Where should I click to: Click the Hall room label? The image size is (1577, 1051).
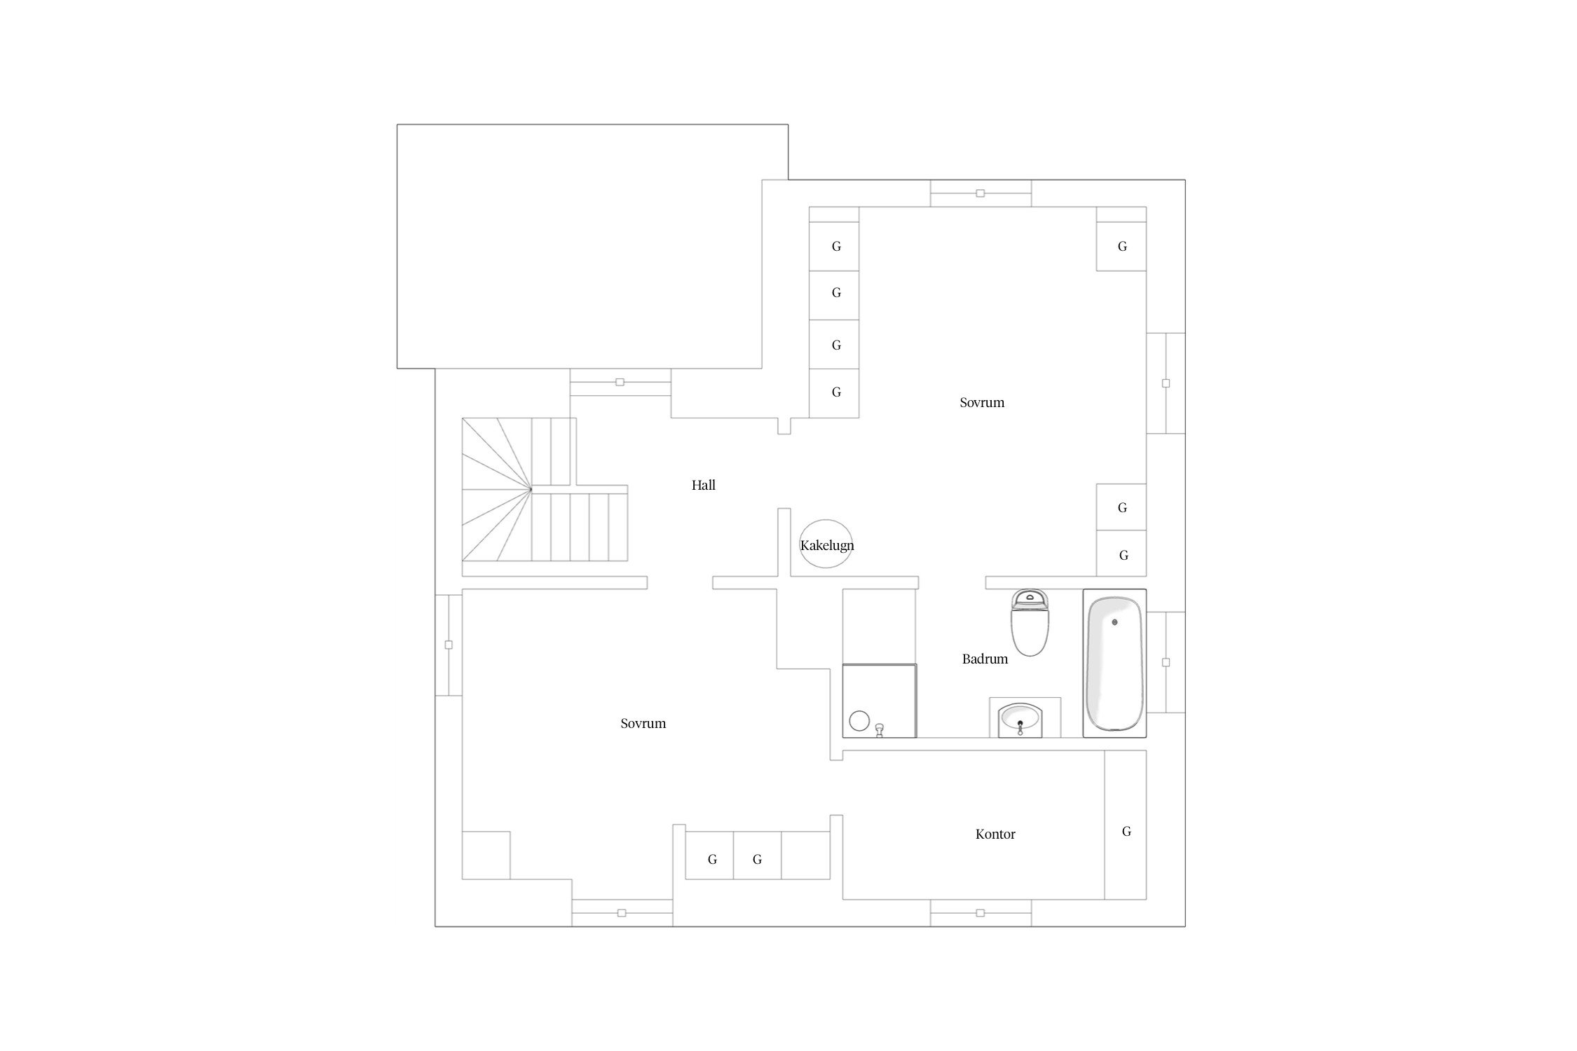703,485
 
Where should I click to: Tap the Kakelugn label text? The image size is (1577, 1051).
827,545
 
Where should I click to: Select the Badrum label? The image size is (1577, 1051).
985,659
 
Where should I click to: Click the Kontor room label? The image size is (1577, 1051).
995,834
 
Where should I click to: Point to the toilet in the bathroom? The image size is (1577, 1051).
1030,622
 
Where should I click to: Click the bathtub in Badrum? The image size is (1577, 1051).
1114,663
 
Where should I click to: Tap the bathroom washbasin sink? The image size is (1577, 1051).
1020,720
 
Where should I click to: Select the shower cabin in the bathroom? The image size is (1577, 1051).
880,701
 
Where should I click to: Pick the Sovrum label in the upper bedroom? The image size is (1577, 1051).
982,402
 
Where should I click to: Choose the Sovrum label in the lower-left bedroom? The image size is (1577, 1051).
643,723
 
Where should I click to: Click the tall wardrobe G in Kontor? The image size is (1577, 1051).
1126,825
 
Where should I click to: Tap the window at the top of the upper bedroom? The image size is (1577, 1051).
981,193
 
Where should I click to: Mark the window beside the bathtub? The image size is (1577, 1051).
1166,662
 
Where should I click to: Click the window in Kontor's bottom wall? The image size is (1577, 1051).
981,913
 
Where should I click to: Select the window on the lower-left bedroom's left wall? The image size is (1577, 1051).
449,645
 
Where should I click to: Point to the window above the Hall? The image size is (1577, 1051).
620,383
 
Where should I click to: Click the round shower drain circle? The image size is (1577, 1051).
859,720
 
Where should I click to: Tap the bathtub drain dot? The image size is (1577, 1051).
1114,621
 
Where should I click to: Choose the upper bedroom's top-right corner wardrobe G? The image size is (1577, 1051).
1121,246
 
